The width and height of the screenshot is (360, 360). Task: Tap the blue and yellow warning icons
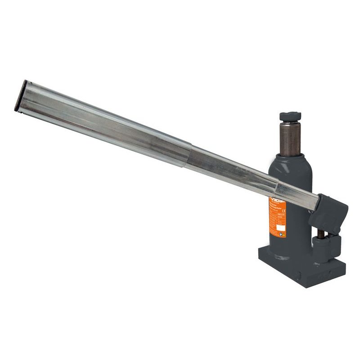(282, 234)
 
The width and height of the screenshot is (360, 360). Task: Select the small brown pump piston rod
(322, 235)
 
